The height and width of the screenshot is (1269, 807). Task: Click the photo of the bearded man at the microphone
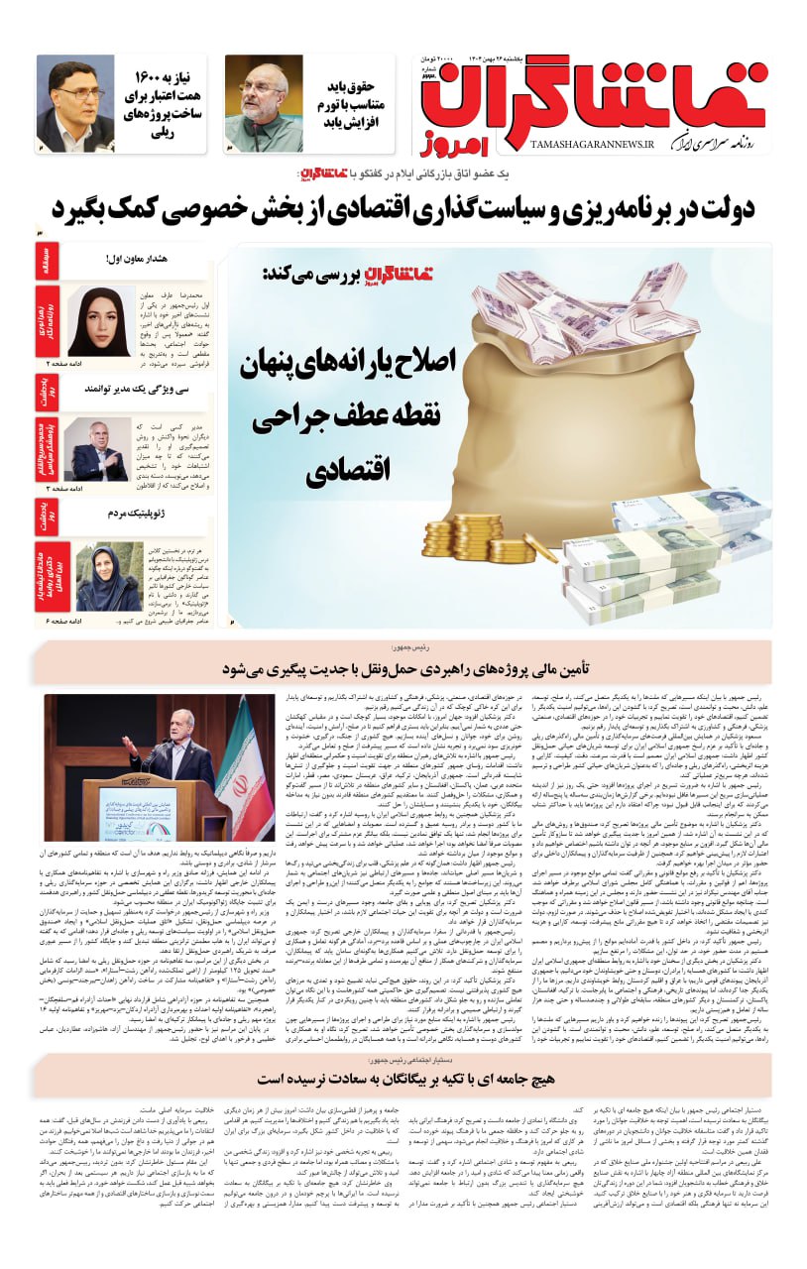[x=264, y=103]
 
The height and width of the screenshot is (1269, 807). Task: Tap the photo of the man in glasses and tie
[x=75, y=103]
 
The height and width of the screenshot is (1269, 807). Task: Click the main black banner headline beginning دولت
[x=403, y=210]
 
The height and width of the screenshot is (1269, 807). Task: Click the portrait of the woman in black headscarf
[x=100, y=322]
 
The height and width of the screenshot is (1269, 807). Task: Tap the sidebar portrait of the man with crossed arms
[x=99, y=449]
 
